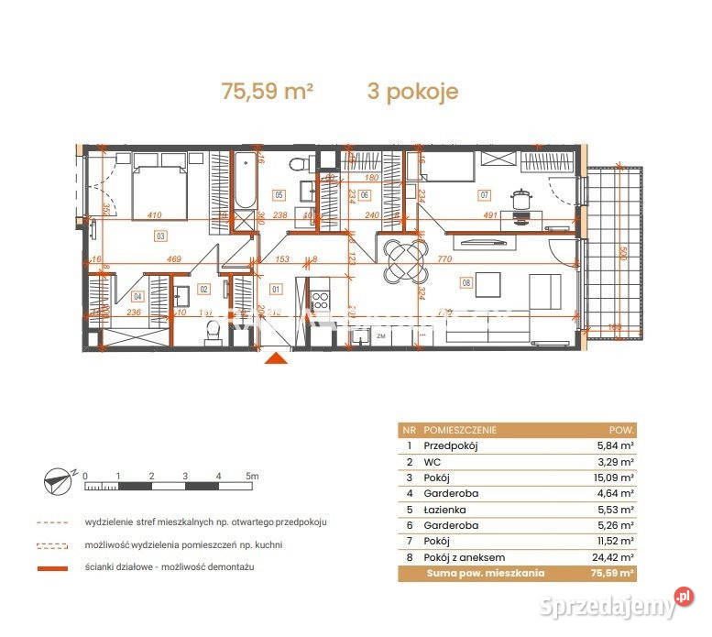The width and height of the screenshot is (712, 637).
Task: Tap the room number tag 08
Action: tap(468, 284)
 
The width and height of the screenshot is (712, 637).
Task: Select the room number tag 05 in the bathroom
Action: tap(279, 194)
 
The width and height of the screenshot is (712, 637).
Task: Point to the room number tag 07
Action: tap(485, 194)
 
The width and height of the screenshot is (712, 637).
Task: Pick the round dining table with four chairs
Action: tap(403, 259)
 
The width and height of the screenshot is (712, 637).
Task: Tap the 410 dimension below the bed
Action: tap(155, 216)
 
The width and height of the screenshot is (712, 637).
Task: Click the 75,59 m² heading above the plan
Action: tap(268, 92)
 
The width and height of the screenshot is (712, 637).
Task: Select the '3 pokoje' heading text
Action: tap(412, 92)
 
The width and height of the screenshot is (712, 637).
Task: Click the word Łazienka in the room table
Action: tap(444, 510)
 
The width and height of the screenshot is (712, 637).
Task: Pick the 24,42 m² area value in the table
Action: tap(614, 557)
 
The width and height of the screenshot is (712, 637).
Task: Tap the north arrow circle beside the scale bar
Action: tap(56, 478)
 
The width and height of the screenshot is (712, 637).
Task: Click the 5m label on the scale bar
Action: tap(252, 477)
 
